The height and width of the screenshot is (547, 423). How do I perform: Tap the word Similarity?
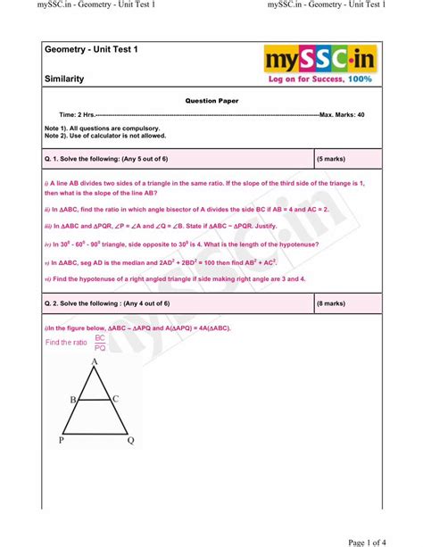tap(64, 79)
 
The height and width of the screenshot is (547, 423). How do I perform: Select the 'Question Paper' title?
tap(211, 101)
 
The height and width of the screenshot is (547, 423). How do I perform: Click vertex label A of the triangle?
tap(93, 361)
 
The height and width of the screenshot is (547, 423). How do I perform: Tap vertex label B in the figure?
tap(73, 401)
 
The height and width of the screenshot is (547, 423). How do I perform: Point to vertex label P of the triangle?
tap(62, 440)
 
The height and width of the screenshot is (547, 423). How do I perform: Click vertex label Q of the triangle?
tap(130, 440)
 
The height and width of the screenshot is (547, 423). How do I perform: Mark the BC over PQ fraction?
tap(100, 343)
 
